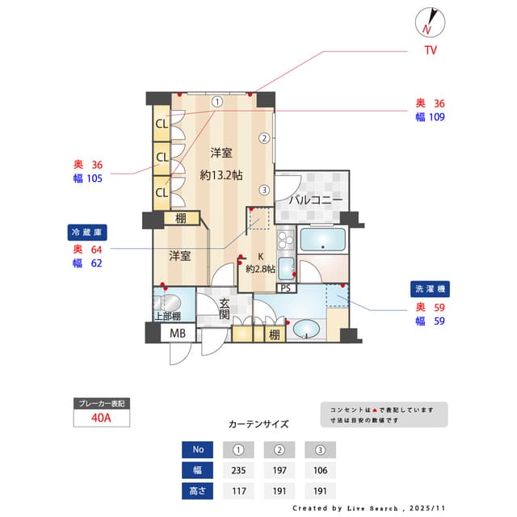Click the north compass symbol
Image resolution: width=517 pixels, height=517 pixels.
428,22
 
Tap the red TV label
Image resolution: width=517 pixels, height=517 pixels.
431,51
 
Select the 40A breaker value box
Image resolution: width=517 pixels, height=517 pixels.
101,418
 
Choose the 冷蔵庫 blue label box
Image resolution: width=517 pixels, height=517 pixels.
88,232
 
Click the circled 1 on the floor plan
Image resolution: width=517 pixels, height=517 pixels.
217,103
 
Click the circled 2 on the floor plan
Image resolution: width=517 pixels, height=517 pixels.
264,137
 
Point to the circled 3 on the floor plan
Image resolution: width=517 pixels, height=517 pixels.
264,191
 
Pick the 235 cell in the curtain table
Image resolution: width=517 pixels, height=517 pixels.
238,470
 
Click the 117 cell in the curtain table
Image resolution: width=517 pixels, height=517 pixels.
238,490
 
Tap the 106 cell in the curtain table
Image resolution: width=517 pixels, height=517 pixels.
320,470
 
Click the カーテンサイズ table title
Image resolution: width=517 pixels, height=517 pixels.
258,423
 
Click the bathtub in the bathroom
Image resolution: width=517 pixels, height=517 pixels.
322,241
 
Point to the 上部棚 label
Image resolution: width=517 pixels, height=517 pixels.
167,316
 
